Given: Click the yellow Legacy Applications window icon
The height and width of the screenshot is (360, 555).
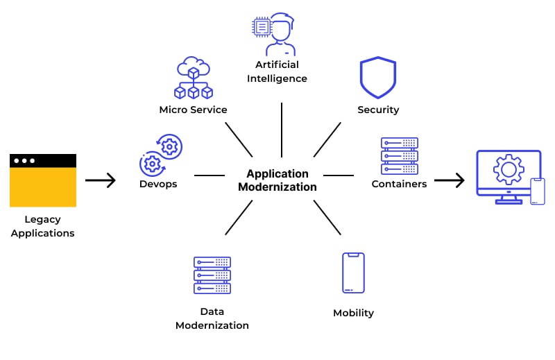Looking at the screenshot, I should (x=43, y=180).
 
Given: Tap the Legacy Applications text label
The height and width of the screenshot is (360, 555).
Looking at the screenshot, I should (x=43, y=226).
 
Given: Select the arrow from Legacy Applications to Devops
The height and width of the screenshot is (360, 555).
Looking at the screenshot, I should (x=101, y=181).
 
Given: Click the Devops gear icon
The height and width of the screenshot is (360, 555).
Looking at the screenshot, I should (x=160, y=155).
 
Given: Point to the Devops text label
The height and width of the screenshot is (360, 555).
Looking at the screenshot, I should (x=158, y=184).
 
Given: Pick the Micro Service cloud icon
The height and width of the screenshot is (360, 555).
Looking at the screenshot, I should (x=193, y=78).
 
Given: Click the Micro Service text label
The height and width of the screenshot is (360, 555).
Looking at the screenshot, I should (x=193, y=110).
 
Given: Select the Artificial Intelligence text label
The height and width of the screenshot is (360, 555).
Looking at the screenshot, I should (x=277, y=71).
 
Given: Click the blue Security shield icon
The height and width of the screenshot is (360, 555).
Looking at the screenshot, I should (x=378, y=78).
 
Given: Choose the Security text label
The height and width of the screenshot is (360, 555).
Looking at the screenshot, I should (x=378, y=110).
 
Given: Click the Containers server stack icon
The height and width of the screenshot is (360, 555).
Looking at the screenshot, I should (x=400, y=155).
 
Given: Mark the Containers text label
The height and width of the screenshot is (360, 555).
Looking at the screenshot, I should (x=399, y=184).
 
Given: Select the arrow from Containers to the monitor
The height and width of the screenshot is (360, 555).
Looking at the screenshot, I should (x=450, y=181).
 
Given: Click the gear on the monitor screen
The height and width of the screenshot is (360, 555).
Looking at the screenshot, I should (x=508, y=169).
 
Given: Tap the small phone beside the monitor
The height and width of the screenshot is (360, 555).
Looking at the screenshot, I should (x=538, y=191).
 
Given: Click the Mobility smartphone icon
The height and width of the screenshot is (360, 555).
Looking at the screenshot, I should (x=353, y=273).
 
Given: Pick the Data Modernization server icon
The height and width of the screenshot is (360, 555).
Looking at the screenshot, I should (x=212, y=275).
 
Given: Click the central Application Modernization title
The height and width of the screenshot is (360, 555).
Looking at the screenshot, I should (x=277, y=180).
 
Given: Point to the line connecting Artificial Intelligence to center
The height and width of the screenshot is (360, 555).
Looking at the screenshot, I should (x=282, y=130).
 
